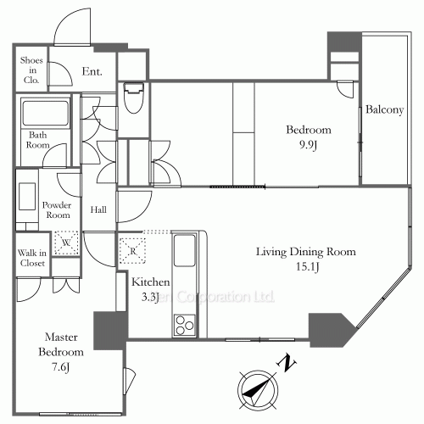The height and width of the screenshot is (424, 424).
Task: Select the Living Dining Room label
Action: pos(306,252)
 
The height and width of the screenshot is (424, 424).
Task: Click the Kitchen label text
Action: pos(150,282)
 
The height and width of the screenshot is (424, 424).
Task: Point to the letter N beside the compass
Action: pos(288,365)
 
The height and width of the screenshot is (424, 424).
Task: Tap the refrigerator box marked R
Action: pos(132,251)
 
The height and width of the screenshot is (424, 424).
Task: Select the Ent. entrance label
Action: pos(92,72)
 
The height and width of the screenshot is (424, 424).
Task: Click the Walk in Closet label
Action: pos(32,258)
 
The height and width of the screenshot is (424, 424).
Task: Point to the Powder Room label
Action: pos(58,209)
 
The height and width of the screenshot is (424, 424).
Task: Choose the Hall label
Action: pos(98,209)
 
